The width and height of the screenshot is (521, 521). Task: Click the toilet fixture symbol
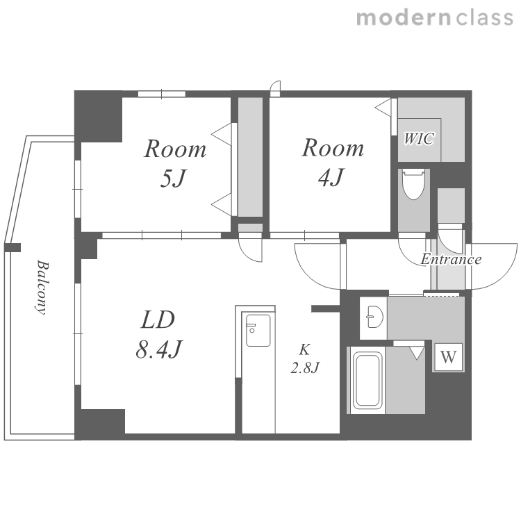pos(413,184)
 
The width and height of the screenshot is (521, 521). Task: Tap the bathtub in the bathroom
pos(367,380)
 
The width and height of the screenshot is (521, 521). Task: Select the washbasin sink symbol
pos(375,317)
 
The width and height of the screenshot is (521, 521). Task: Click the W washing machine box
pos(449,357)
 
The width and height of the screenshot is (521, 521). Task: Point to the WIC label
pos(419,138)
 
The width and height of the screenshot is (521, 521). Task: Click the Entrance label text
pos(451,259)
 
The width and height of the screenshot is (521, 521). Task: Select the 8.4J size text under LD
pos(159,349)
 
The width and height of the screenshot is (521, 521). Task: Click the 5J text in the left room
pos(172,178)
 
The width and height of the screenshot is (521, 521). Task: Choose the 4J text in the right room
pos(331,177)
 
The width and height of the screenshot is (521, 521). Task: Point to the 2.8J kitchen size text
pos(305,367)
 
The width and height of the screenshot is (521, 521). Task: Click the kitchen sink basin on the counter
pos(258,330)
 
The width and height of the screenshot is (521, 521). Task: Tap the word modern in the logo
pos(404,18)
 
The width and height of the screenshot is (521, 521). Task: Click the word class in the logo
pos(484,18)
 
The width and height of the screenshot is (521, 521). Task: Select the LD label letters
pos(158,320)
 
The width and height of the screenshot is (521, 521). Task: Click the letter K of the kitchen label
pos(305,350)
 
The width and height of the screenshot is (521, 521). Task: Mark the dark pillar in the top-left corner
pos(99,116)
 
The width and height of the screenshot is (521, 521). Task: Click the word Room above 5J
pos(175,149)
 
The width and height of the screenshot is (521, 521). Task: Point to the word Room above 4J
pos(333,147)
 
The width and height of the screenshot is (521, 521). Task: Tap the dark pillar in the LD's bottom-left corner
pos(99,424)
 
